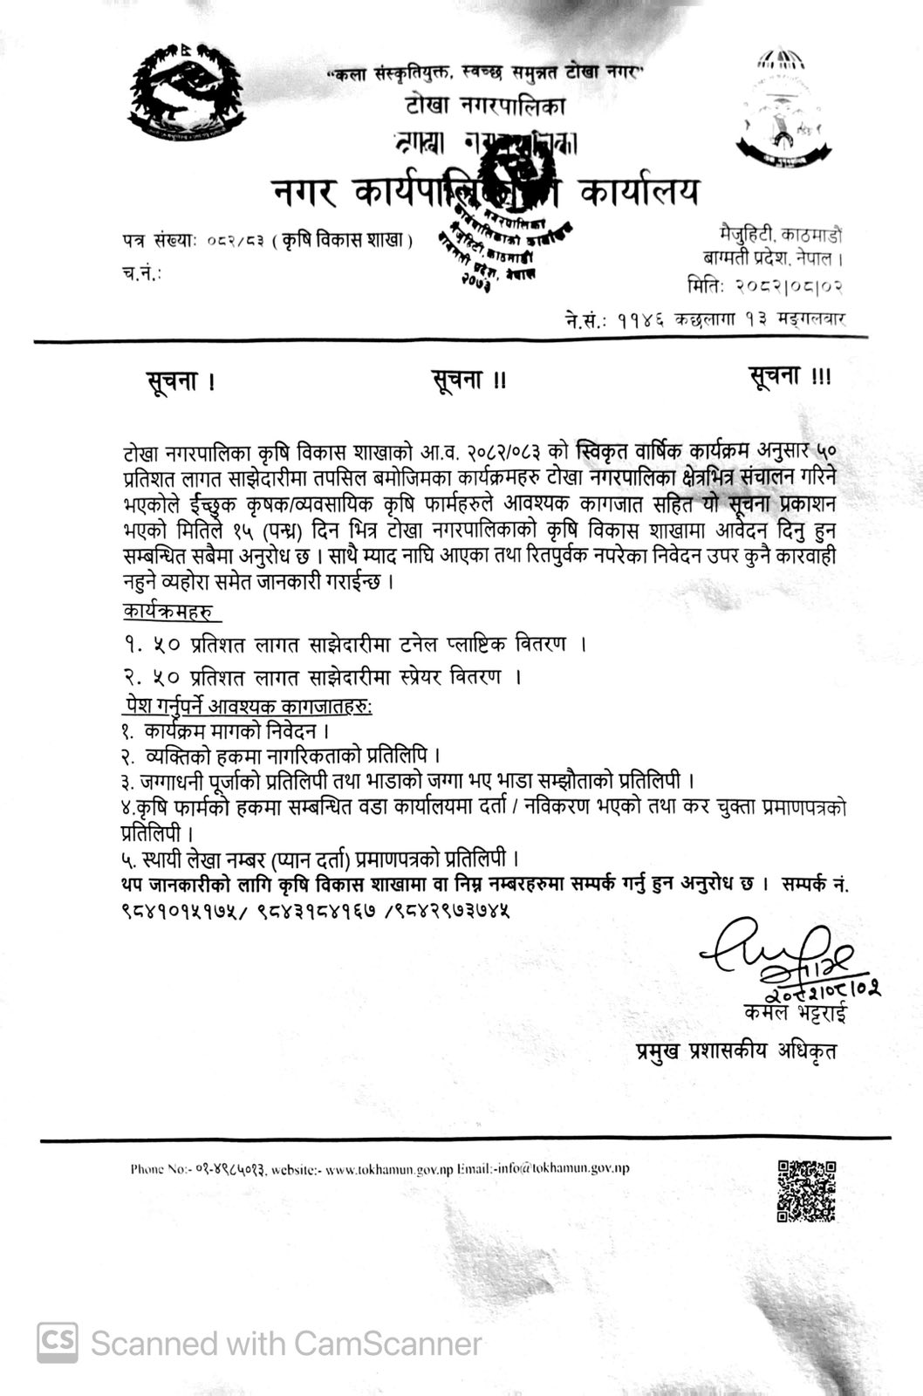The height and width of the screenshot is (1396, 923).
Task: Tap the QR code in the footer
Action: (806, 1190)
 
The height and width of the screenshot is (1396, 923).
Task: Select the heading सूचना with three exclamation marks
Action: (790, 376)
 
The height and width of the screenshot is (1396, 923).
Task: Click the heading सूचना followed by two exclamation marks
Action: (468, 380)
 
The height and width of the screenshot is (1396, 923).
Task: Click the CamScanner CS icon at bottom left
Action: (57, 1342)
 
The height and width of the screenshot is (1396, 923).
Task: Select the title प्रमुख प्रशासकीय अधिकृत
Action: (735, 1051)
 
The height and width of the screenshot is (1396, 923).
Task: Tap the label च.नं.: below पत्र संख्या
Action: (142, 273)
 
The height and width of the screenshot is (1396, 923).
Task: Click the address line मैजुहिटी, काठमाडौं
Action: (780, 235)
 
